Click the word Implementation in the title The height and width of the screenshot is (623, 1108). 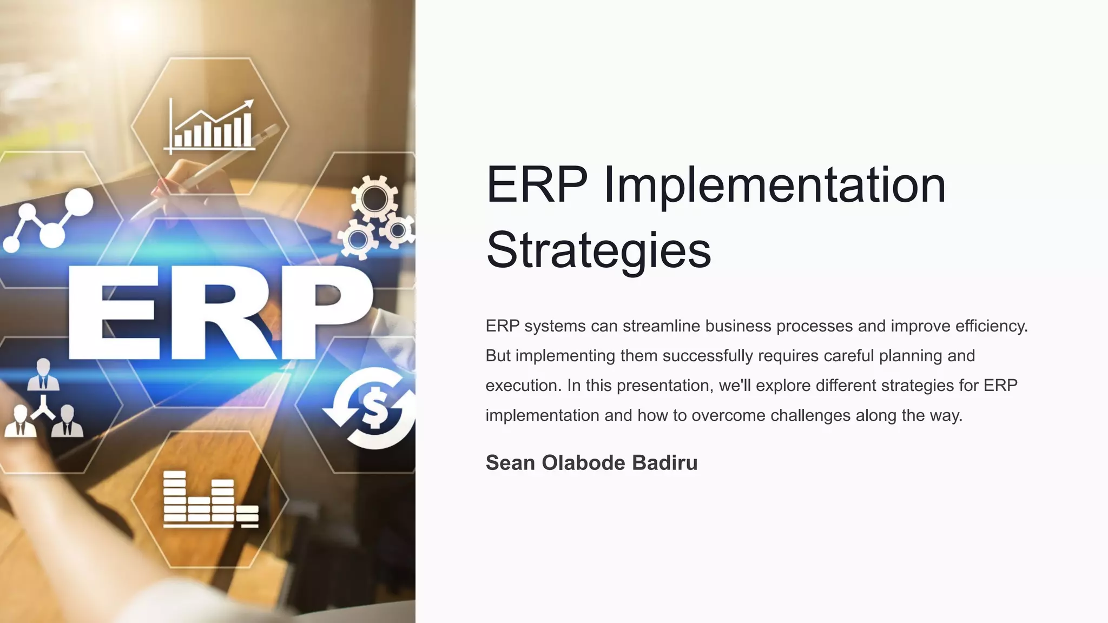(x=775, y=185)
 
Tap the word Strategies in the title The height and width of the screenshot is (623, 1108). (x=598, y=250)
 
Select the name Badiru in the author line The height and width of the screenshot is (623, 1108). (x=664, y=463)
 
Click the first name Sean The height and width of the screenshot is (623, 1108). (x=510, y=463)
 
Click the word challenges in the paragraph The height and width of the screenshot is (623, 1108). (x=810, y=415)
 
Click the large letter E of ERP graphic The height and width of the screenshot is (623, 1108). (x=116, y=312)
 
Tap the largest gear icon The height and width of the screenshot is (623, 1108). (x=374, y=198)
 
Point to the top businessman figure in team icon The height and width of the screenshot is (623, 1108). (x=43, y=374)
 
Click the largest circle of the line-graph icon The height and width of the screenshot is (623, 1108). (x=79, y=202)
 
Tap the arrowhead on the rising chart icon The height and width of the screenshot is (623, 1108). (x=249, y=103)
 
